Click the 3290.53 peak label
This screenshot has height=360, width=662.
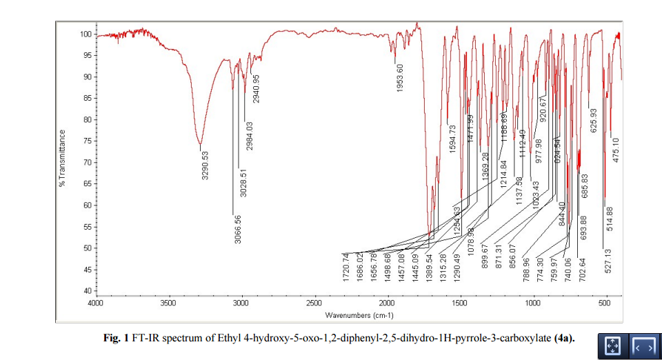tap(205, 166)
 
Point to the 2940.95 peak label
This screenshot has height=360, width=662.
tap(256, 89)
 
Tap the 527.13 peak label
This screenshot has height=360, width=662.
tap(608, 260)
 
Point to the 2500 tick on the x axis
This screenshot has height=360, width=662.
tap(314, 302)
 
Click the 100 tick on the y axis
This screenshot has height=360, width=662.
tap(86, 34)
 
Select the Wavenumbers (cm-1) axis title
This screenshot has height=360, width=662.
tap(359, 315)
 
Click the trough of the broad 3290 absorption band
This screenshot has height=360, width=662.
tap(200, 144)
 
